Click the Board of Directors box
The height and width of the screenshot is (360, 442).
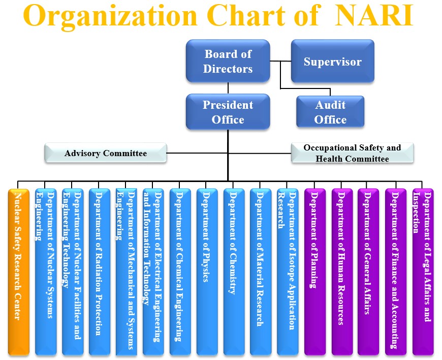pyautogui.click(x=227, y=61)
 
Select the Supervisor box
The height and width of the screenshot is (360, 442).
pyautogui.click(x=332, y=62)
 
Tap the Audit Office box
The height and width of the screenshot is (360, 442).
pyautogui.click(x=330, y=112)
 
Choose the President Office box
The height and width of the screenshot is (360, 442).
pyautogui.click(x=227, y=112)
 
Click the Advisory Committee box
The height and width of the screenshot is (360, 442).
pyautogui.click(x=105, y=153)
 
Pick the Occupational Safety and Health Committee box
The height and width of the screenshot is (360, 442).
pyautogui.click(x=352, y=153)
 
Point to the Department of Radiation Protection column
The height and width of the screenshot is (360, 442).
pyautogui.click(x=99, y=269)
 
